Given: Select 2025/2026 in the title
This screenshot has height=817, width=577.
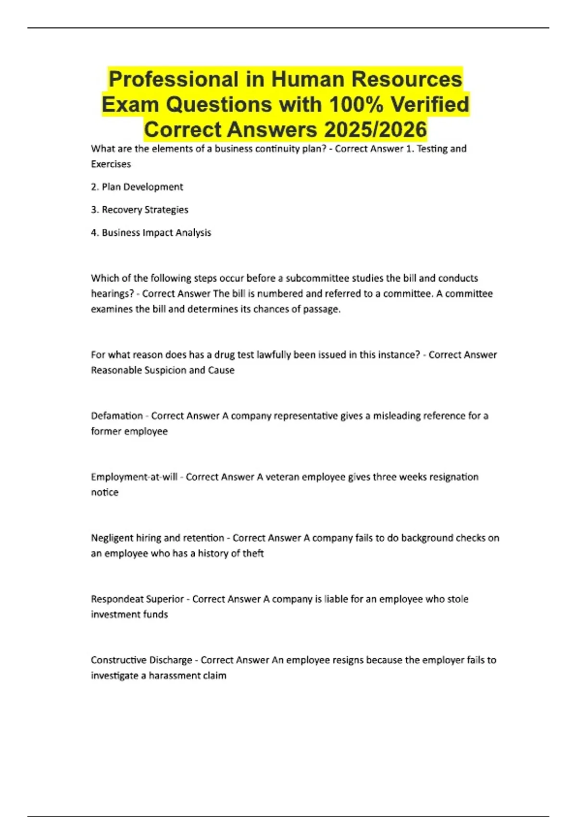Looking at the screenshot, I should pyautogui.click(x=375, y=129).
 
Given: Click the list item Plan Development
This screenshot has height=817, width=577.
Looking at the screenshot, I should pyautogui.click(x=142, y=187).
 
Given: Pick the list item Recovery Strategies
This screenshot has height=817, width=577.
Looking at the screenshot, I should pyautogui.click(x=145, y=210).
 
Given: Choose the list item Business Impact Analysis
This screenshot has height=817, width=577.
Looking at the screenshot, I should pyautogui.click(x=156, y=233).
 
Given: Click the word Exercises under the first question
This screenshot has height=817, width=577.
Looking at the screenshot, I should pyautogui.click(x=111, y=164).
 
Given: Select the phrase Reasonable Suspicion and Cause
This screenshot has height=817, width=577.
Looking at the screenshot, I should pyautogui.click(x=163, y=370).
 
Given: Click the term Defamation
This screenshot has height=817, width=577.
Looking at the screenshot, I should pyautogui.click(x=117, y=416).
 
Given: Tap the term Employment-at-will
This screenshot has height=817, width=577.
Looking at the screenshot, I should pyautogui.click(x=134, y=477).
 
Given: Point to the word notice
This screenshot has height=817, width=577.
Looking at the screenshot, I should pyautogui.click(x=105, y=492).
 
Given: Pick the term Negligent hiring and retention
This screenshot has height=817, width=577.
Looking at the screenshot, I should pyautogui.click(x=158, y=538).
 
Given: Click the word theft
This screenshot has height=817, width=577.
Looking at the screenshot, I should pyautogui.click(x=253, y=553).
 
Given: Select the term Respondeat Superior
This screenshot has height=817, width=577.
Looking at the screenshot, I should pyautogui.click(x=138, y=599).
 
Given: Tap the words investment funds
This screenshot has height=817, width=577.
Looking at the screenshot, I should pyautogui.click(x=129, y=614).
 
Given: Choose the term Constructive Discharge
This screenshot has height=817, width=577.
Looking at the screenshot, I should pyautogui.click(x=141, y=660).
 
